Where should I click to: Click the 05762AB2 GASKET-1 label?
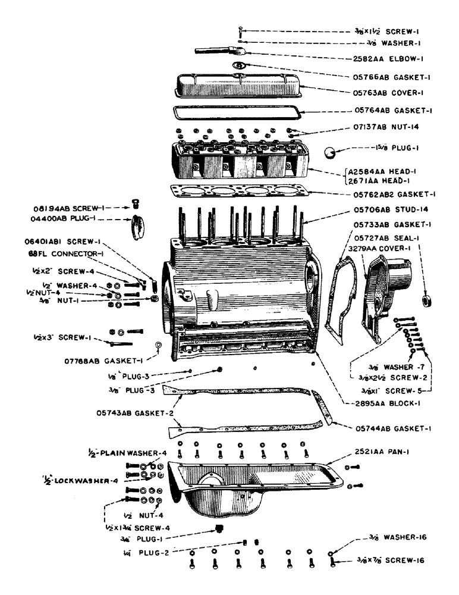394,194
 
